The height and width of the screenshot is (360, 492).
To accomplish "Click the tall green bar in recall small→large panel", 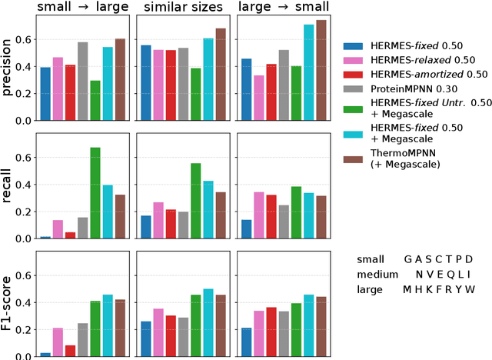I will tap(95, 192).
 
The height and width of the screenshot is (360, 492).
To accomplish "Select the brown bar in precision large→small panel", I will tap(321, 70).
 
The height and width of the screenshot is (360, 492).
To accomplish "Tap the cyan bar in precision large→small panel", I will tap(308, 72).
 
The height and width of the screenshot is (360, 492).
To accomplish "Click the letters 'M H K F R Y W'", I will tap(440, 289).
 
